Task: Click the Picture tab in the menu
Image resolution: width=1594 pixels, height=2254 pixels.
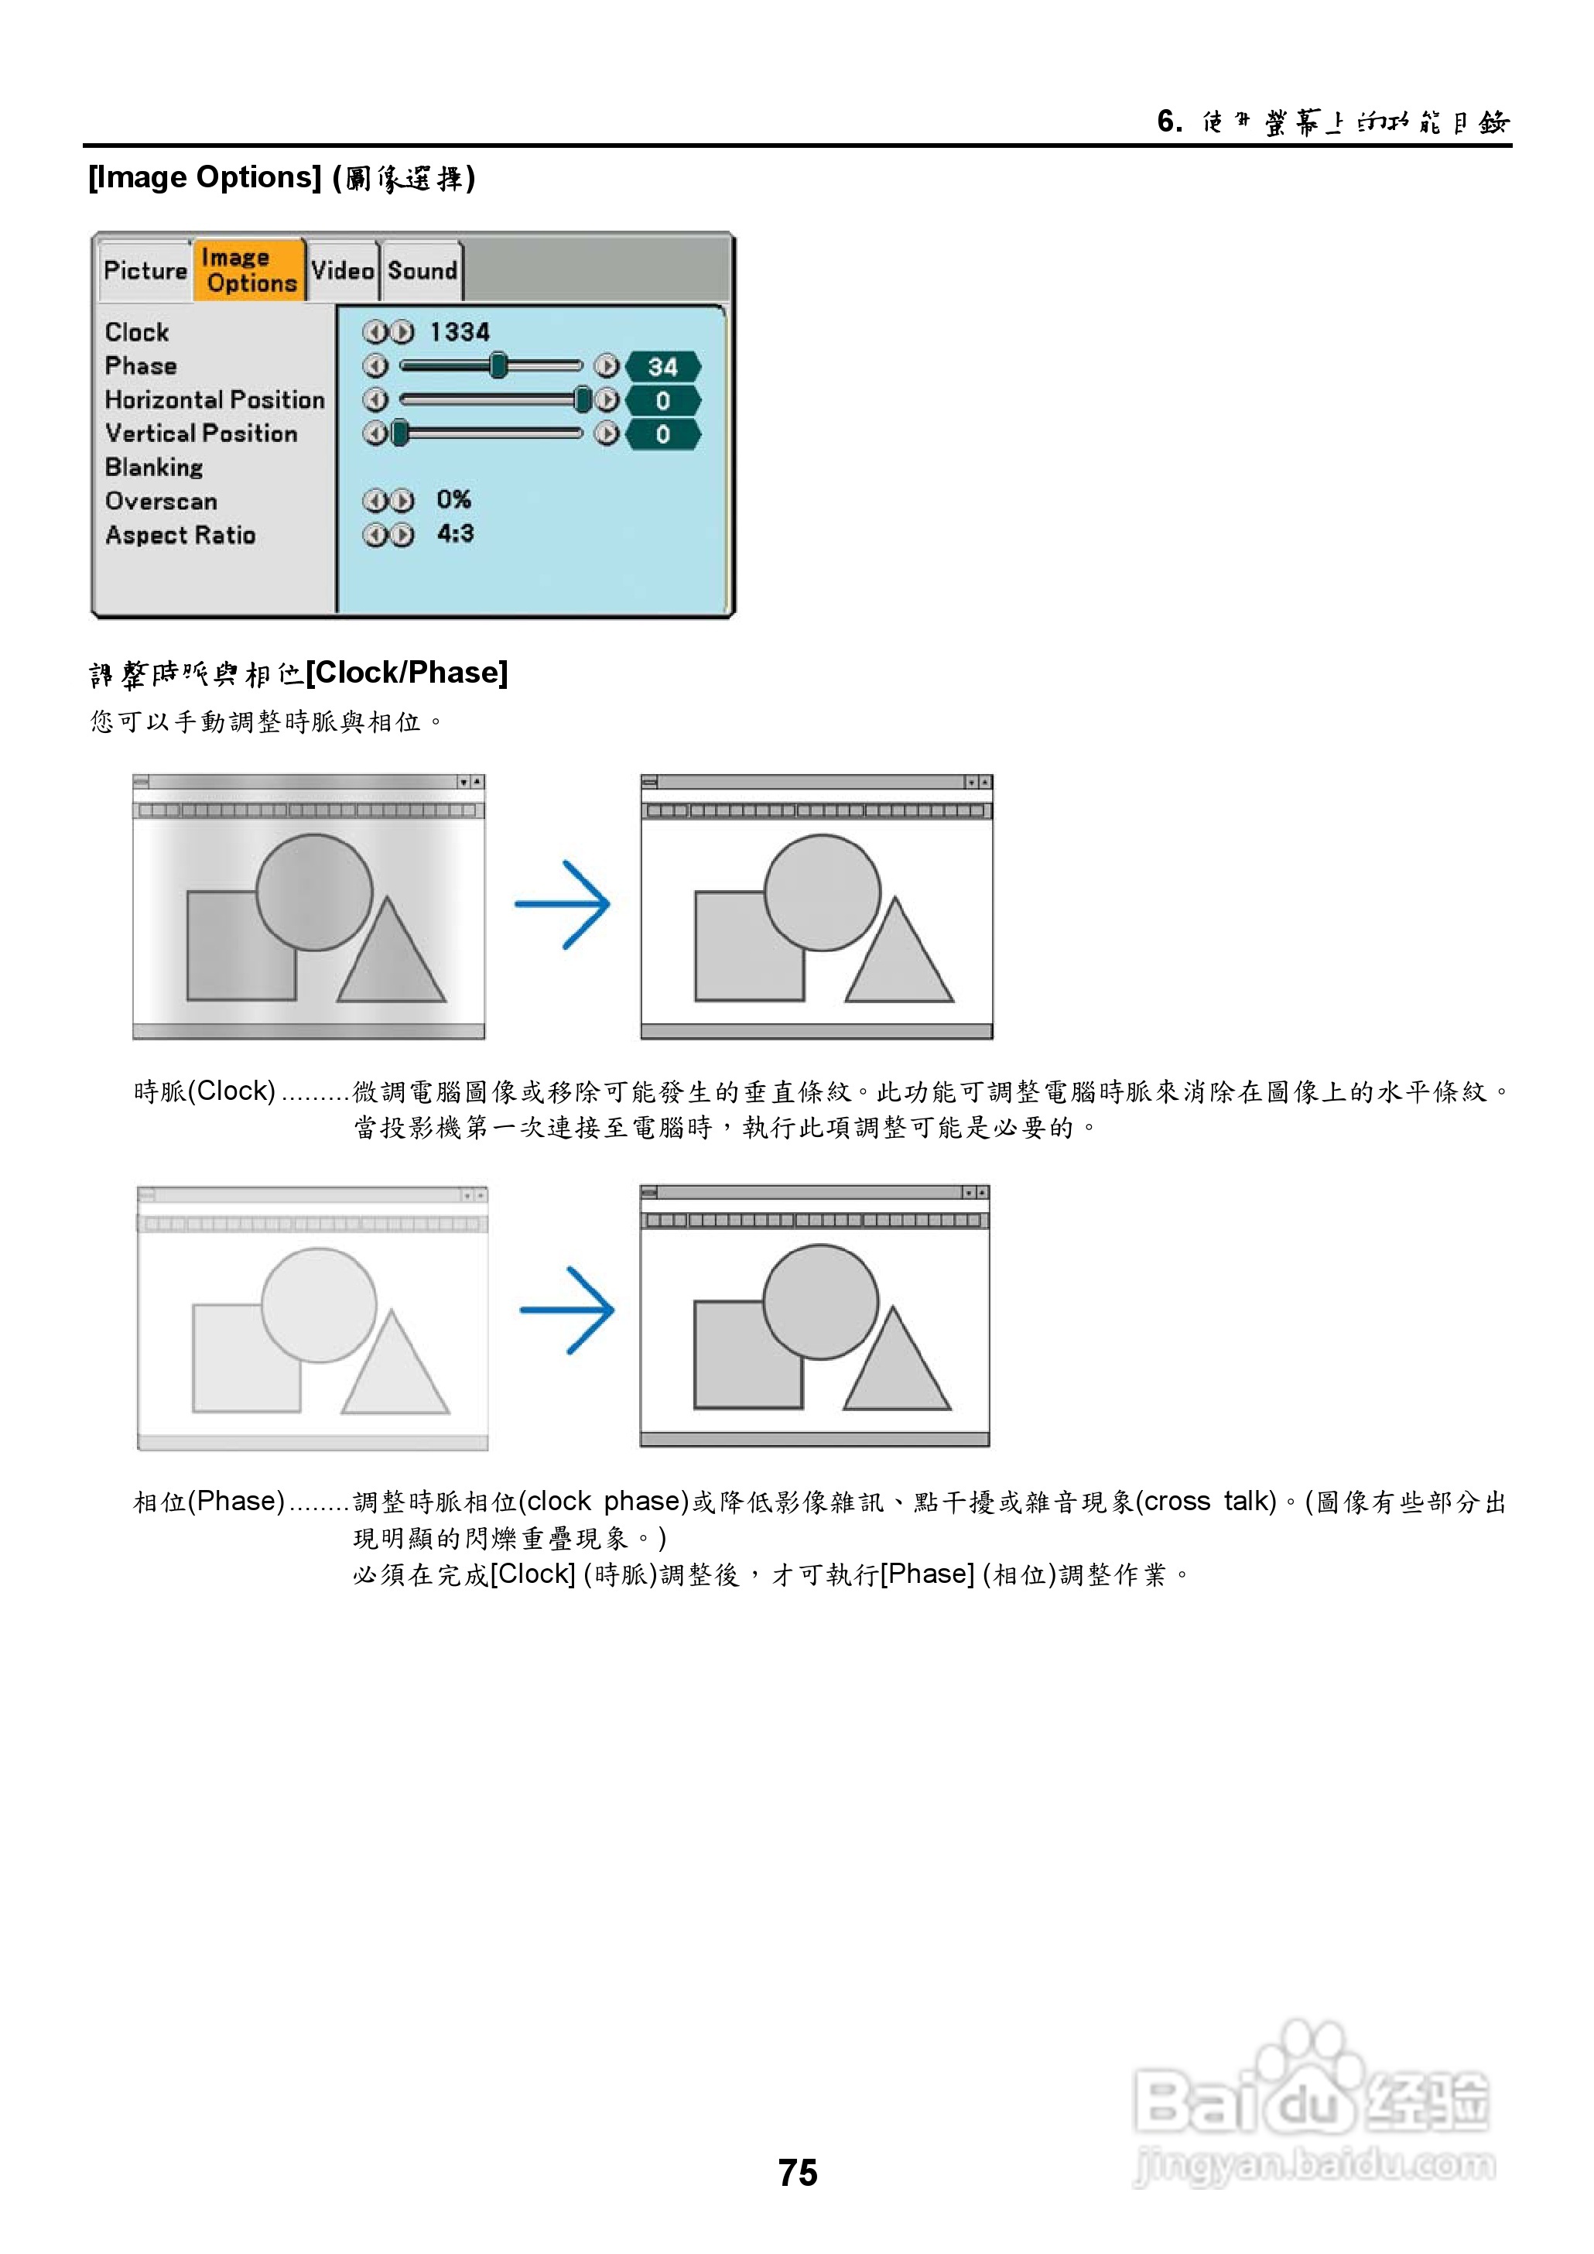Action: tap(145, 270)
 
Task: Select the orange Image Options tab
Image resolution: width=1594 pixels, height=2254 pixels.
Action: tap(248, 270)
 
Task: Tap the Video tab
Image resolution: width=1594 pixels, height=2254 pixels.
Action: tap(343, 270)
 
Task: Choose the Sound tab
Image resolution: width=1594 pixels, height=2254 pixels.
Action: tap(422, 270)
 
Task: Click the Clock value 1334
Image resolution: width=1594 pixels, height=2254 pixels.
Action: tap(460, 332)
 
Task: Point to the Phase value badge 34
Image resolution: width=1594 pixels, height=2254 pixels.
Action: tap(662, 367)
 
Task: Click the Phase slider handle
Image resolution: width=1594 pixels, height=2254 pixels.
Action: tap(498, 366)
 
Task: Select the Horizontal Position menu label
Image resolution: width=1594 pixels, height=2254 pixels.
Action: tap(215, 399)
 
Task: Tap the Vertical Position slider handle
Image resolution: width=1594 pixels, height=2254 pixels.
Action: tap(399, 433)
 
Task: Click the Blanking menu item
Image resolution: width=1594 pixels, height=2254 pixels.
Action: tap(154, 468)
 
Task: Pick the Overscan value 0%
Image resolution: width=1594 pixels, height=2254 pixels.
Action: tap(453, 500)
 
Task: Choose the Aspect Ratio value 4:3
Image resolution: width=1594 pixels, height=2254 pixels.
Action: tap(456, 534)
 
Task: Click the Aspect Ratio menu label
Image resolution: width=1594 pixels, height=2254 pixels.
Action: tap(180, 535)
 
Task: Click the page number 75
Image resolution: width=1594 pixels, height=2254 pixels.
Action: tap(797, 2173)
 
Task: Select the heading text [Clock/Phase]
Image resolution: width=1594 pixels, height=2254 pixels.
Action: tap(406, 673)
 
